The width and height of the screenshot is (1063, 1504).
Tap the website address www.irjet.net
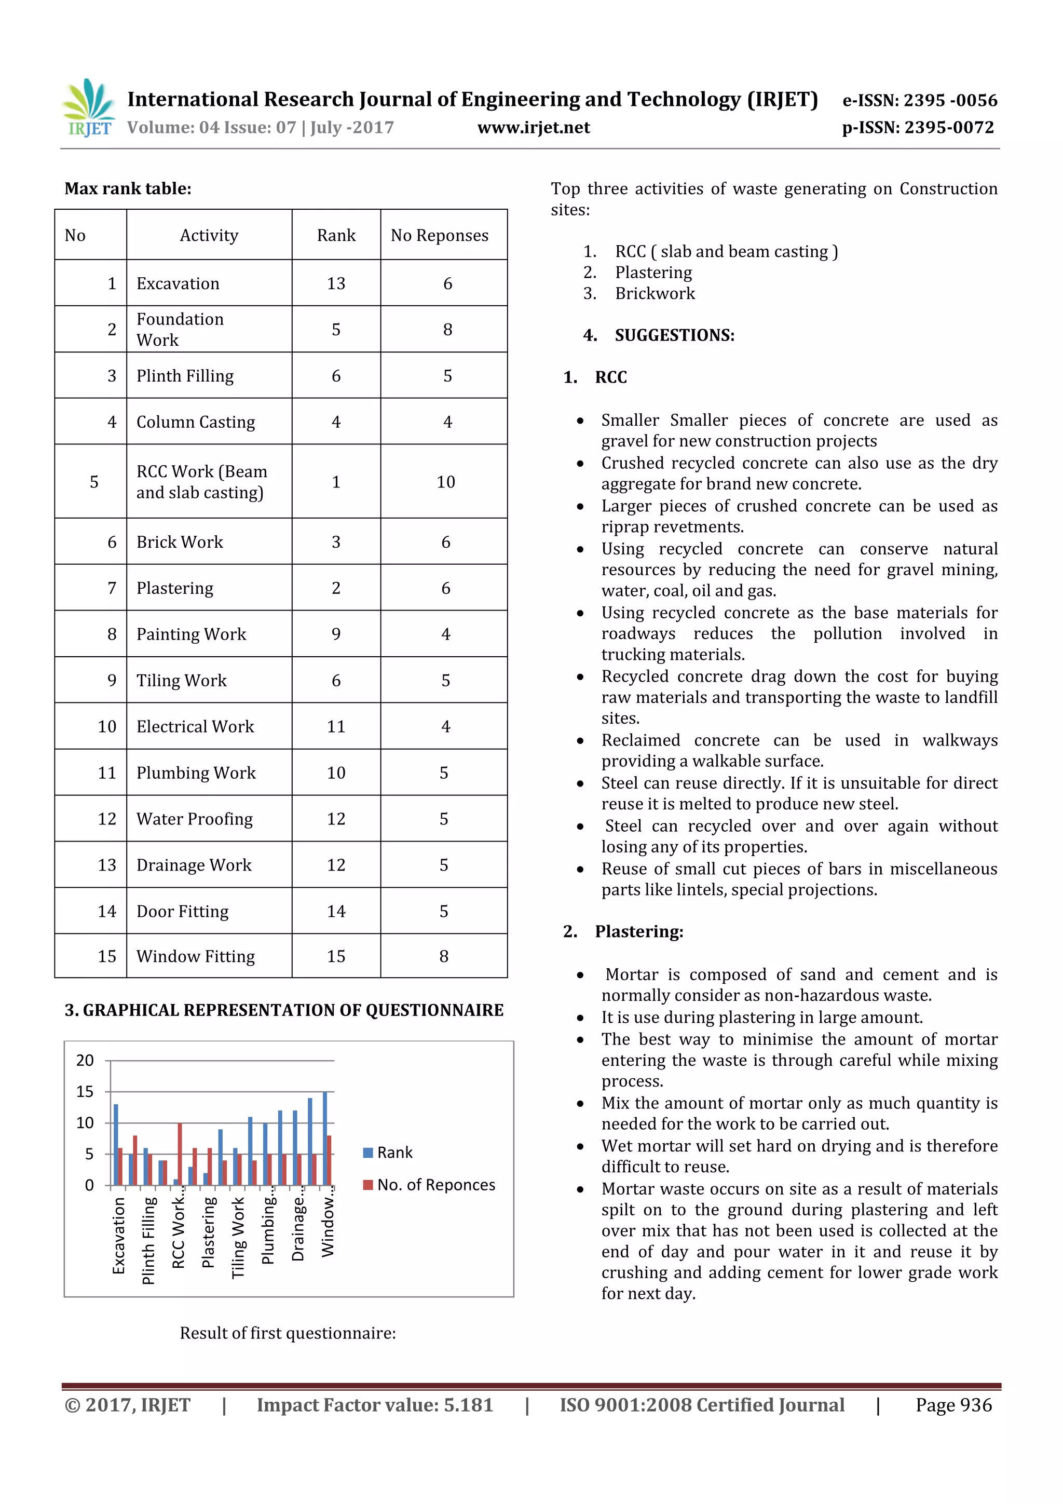533,127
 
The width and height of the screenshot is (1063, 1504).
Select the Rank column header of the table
336,235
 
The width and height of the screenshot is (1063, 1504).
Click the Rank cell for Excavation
336,283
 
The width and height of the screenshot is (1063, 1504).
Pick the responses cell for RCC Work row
445,482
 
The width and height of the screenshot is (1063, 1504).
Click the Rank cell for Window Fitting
336,956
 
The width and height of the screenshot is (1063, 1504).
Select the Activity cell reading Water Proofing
195,819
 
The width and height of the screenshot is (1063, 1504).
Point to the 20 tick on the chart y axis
85,1060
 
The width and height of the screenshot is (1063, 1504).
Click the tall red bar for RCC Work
180,1154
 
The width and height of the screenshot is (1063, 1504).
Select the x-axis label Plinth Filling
148,1240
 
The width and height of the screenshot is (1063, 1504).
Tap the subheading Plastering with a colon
638,931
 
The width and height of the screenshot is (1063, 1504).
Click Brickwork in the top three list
655,293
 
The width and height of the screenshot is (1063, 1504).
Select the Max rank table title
128,188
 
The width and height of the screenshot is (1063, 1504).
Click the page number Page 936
953,1405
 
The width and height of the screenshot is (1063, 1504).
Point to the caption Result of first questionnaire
288,1333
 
